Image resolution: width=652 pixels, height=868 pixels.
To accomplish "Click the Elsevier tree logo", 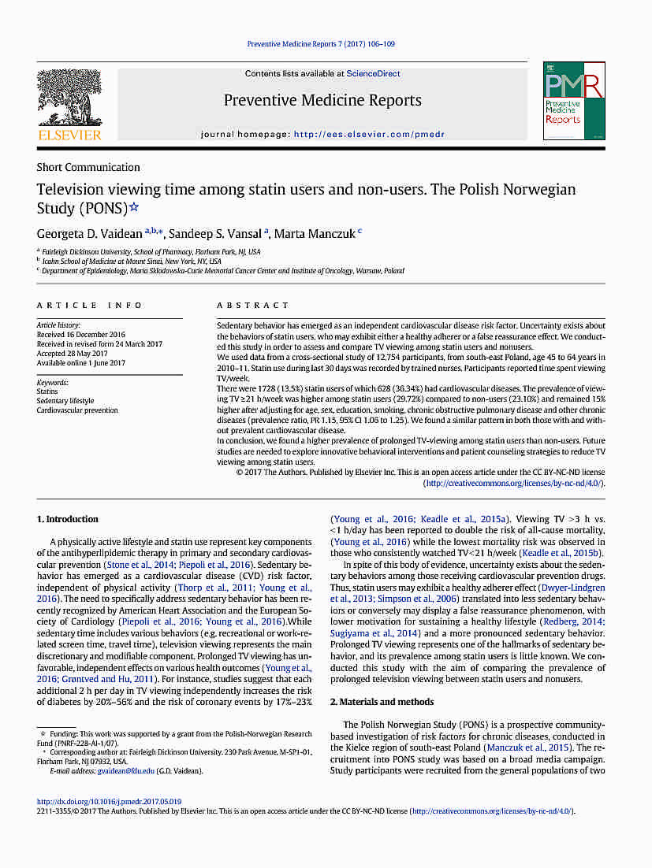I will [70, 98].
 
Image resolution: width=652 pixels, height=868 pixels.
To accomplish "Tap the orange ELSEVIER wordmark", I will [70, 135].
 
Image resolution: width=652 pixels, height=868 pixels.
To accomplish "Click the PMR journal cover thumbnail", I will [573, 102].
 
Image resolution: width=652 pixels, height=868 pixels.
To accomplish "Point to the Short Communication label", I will [88, 167].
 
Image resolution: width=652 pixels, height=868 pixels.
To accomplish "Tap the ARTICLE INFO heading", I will [89, 306].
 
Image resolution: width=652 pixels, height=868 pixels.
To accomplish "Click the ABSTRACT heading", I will [253, 306].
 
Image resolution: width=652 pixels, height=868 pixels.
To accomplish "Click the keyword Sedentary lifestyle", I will [65, 401].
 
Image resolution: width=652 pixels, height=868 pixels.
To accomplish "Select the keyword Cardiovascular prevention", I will [77, 410].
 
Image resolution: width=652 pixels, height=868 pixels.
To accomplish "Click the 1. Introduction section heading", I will [68, 519].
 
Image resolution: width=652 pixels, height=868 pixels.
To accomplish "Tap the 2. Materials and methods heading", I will [382, 702].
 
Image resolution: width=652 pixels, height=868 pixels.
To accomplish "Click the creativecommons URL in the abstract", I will [513, 483].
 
